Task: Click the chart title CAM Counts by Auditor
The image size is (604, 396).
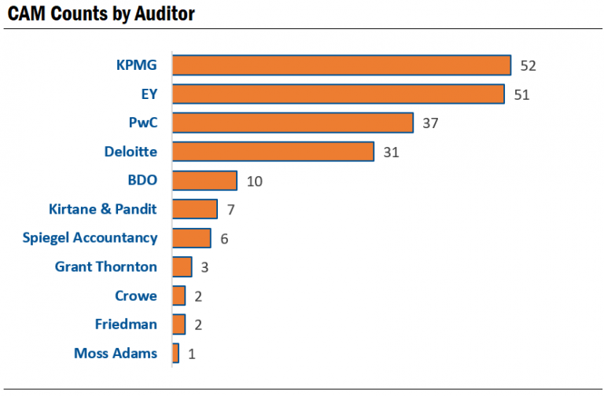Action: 101,14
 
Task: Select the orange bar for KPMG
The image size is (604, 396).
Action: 341,65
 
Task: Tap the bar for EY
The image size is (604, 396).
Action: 338,94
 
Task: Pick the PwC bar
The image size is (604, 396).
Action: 293,123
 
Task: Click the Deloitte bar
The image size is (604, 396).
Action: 273,152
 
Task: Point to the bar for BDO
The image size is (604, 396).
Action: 204,181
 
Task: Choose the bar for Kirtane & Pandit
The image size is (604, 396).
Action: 195,209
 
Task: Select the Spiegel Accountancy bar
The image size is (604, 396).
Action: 191,238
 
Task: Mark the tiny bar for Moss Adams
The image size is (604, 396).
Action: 175,354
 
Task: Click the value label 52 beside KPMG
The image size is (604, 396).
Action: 528,66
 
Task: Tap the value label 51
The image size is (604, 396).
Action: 521,95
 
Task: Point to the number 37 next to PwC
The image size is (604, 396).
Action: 429,123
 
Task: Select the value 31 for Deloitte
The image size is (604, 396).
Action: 391,152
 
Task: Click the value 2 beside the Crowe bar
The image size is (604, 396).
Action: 198,296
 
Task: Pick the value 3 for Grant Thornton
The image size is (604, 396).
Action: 204,268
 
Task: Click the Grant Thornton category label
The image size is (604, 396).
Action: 105,266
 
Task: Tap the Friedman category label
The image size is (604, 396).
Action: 126,324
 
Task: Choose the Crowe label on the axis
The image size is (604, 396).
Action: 136,295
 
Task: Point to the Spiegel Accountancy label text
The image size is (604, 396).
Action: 90,237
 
